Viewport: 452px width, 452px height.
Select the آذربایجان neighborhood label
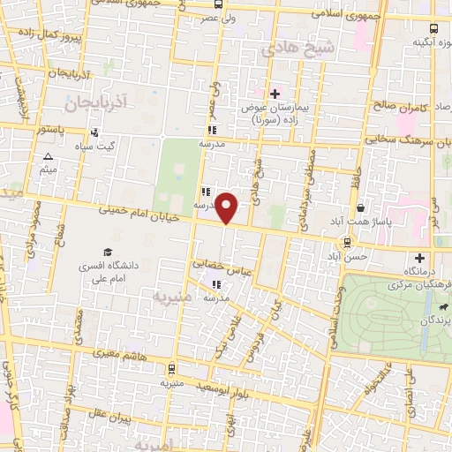96,103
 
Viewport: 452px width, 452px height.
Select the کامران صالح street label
401,106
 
